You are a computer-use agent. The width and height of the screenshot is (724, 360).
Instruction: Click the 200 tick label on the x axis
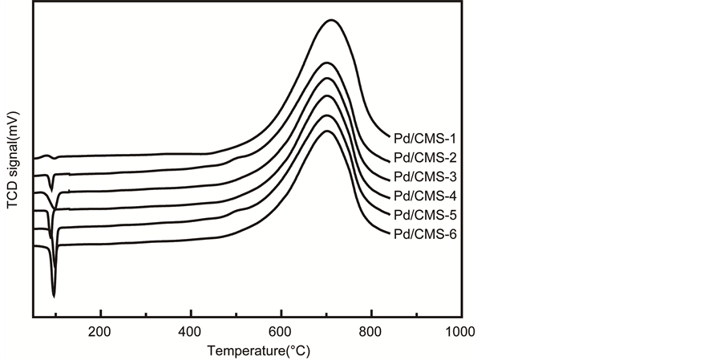click(100, 331)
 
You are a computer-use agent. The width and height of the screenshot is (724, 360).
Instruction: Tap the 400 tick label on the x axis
click(191, 331)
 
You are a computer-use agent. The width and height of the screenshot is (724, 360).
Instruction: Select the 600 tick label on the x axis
click(281, 331)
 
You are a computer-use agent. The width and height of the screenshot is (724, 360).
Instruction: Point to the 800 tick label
click(371, 331)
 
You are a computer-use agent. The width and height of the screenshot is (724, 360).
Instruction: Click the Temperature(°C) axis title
click(258, 350)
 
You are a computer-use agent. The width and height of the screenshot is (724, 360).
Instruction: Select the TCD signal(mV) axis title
click(13, 160)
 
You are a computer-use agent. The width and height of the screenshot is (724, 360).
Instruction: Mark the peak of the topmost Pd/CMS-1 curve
click(331, 20)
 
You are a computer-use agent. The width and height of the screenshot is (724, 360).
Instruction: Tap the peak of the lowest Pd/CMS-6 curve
click(326, 131)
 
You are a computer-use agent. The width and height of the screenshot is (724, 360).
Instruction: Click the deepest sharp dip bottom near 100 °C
click(54, 297)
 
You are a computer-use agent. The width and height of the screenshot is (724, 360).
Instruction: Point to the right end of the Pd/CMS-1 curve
click(389, 137)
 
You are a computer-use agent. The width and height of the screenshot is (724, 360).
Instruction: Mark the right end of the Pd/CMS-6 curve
click(389, 233)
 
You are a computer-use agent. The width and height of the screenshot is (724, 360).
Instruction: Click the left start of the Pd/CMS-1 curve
click(34, 159)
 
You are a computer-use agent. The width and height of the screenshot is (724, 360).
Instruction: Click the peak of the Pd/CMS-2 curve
click(326, 62)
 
